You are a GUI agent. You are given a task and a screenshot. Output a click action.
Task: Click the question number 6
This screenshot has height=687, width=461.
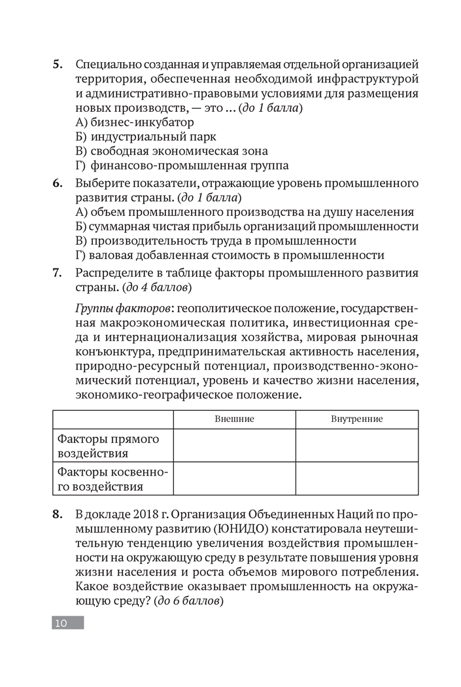(57, 183)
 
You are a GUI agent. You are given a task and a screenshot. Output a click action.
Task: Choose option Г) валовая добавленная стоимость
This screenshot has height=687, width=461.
(230, 255)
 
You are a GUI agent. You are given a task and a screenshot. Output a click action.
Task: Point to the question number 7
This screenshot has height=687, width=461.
(57, 272)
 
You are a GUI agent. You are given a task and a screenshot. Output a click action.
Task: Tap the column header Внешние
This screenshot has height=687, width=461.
(234, 419)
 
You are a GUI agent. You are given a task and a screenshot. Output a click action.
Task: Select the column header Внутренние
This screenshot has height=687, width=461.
(357, 419)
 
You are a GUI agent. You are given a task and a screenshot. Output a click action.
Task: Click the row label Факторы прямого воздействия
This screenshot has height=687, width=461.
(108, 446)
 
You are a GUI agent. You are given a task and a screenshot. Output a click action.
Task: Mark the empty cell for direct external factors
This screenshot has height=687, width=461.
(234, 446)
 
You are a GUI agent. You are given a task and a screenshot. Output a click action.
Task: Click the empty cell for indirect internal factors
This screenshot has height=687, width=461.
(357, 479)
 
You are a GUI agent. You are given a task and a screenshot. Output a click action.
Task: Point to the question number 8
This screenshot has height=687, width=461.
(57, 514)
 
